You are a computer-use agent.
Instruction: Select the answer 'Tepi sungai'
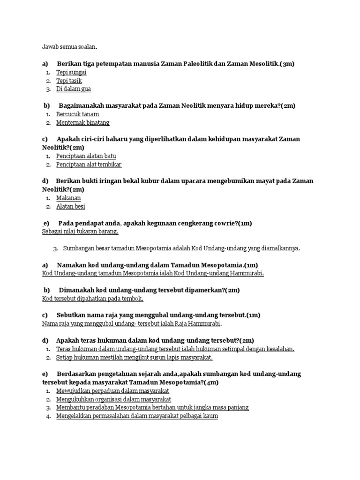click(x=71, y=72)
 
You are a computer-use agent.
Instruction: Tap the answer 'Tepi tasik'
click(x=69, y=81)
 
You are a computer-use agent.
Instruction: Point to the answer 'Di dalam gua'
click(x=73, y=89)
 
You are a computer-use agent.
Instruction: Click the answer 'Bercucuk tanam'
click(x=77, y=114)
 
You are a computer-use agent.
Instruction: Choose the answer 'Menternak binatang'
click(x=82, y=122)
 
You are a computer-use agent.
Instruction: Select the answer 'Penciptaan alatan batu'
click(x=86, y=156)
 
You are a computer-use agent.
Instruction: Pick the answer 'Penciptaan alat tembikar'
click(x=89, y=165)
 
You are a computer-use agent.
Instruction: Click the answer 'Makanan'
click(x=68, y=198)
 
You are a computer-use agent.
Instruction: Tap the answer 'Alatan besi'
click(x=70, y=206)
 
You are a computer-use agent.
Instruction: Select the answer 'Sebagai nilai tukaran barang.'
click(x=80, y=232)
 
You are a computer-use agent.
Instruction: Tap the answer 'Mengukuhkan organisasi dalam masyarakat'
click(x=113, y=399)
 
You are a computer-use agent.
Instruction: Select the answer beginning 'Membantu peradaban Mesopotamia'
click(x=152, y=407)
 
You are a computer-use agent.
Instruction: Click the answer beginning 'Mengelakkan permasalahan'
click(x=137, y=416)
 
